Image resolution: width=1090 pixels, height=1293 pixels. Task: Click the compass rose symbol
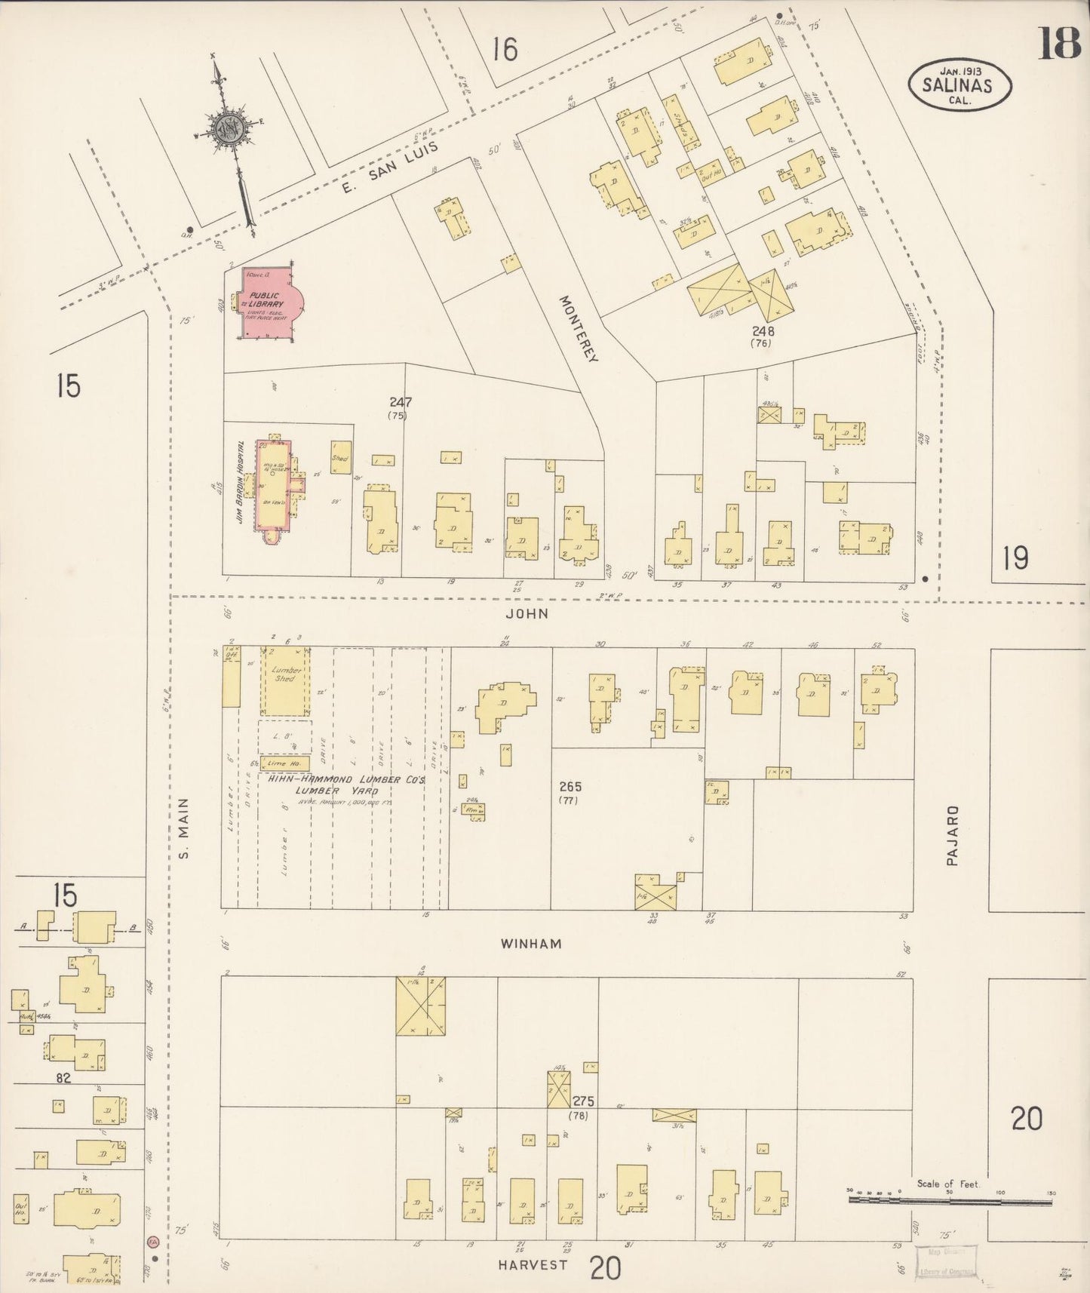click(x=226, y=128)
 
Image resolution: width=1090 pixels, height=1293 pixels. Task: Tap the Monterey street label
click(x=579, y=328)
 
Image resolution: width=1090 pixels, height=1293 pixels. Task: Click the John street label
click(x=527, y=614)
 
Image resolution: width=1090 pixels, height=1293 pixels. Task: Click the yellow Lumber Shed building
click(x=284, y=680)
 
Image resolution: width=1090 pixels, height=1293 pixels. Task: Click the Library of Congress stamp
click(x=946, y=1261)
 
